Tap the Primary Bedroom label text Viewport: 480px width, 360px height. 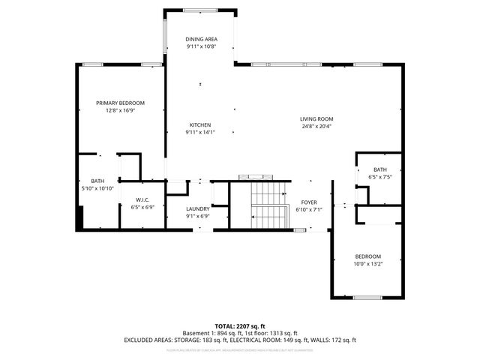click(x=120, y=103)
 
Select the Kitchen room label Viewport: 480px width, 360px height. click(x=199, y=124)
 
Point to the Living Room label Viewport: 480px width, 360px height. click(x=316, y=118)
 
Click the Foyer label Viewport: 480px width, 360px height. click(x=309, y=202)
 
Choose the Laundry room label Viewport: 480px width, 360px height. click(x=197, y=209)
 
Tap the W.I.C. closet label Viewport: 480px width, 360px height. click(x=142, y=199)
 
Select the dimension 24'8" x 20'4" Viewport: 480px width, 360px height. click(x=316, y=126)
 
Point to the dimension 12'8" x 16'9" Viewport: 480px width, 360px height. click(x=120, y=110)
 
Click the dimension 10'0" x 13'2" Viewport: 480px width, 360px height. click(x=368, y=263)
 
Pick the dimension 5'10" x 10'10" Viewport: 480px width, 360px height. click(x=97, y=188)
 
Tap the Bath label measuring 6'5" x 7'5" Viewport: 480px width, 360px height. click(x=380, y=169)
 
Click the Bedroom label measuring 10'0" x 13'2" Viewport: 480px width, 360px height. click(x=368, y=256)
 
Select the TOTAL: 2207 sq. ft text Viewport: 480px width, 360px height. click(x=240, y=326)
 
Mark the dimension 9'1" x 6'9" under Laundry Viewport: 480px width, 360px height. click(x=197, y=217)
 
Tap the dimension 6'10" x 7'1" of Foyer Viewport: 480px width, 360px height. click(x=309, y=209)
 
